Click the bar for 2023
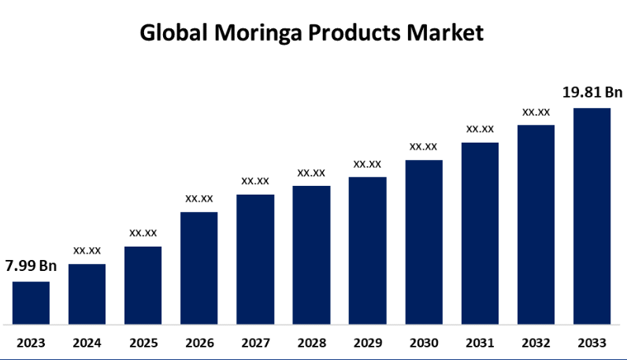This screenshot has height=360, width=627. click(x=31, y=302)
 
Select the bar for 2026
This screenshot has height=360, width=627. click(x=198, y=268)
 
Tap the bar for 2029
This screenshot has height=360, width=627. click(x=367, y=251)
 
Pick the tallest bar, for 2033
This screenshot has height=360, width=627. click(x=592, y=216)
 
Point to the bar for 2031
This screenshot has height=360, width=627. click(x=480, y=233)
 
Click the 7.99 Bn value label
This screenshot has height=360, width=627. click(x=31, y=266)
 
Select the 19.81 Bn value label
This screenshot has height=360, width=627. click(x=592, y=92)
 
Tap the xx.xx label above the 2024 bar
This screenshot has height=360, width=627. click(x=87, y=251)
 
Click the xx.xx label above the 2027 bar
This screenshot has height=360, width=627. click(x=255, y=181)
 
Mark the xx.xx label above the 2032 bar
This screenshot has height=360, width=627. click(x=536, y=112)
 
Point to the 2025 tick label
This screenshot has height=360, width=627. click(x=143, y=343)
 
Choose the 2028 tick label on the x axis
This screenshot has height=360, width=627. click(x=311, y=343)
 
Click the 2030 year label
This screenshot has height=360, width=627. click(x=424, y=343)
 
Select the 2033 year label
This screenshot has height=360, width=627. click(x=592, y=343)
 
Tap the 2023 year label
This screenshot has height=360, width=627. click(x=31, y=343)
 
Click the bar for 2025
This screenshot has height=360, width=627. click(x=143, y=285)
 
